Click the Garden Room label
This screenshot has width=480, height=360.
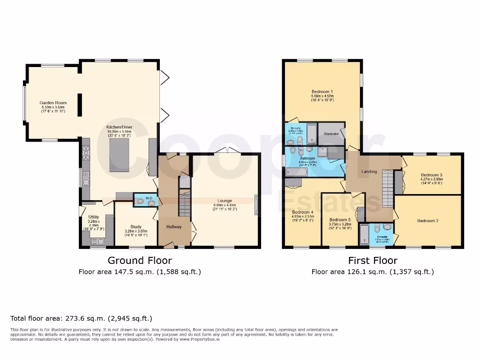coord(53,103)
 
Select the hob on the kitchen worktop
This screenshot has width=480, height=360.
coord(86,151)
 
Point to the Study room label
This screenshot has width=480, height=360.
coord(136,226)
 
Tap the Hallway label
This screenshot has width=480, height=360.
coord(173,227)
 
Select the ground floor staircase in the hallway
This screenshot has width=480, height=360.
coord(184,203)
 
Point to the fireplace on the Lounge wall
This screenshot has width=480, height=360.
coord(256,205)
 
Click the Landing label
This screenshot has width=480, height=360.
coord(369,172)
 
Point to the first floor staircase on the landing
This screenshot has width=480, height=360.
coord(387,188)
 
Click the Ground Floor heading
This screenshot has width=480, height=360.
coord(140,261)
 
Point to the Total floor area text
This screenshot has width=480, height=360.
coord(81,319)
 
